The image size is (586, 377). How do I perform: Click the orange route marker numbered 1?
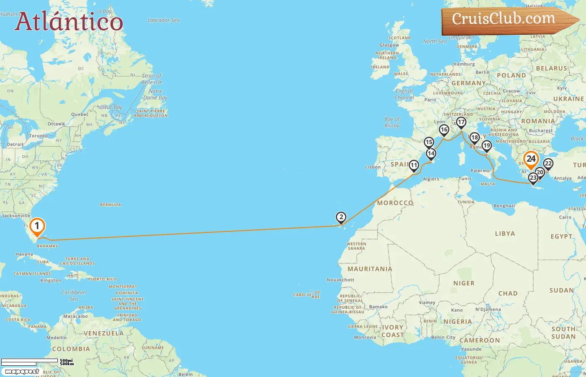(37, 227)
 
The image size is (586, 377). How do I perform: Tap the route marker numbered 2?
(341, 217)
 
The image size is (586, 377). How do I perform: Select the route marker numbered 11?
(414, 165)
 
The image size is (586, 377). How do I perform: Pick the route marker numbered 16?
(444, 130)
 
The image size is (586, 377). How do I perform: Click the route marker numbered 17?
(461, 122)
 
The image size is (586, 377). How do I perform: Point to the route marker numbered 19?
(486, 146)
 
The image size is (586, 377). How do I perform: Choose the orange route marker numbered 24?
(531, 159)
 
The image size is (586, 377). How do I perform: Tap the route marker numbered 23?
(533, 178)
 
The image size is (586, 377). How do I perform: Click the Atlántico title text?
(69, 22)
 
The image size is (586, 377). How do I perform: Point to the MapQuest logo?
(22, 372)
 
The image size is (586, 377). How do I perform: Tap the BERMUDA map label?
(111, 205)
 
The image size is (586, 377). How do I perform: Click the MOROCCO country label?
(395, 203)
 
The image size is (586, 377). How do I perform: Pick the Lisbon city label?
(373, 167)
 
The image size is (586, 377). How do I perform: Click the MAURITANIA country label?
(370, 269)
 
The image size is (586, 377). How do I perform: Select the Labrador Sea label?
(163, 20)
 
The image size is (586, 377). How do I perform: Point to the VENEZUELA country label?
(103, 333)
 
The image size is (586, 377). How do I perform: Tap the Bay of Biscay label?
(392, 122)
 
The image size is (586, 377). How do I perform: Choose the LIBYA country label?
(505, 234)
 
